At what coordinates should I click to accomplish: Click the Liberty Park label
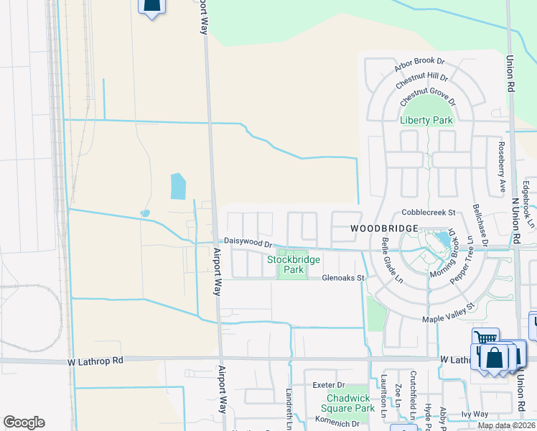click(x=426, y=120)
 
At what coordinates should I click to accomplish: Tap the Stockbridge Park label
click(x=293, y=264)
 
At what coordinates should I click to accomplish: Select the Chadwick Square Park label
click(x=350, y=402)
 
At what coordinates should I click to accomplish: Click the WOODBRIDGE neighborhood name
click(x=384, y=227)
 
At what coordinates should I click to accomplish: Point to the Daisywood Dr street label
click(x=248, y=242)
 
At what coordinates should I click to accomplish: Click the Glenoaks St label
click(x=344, y=277)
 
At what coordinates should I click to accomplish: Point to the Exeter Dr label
click(x=329, y=385)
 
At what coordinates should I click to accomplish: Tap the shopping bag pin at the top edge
click(x=151, y=6)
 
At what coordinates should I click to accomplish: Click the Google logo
click(x=24, y=422)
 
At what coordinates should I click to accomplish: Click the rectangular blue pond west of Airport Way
click(x=177, y=186)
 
